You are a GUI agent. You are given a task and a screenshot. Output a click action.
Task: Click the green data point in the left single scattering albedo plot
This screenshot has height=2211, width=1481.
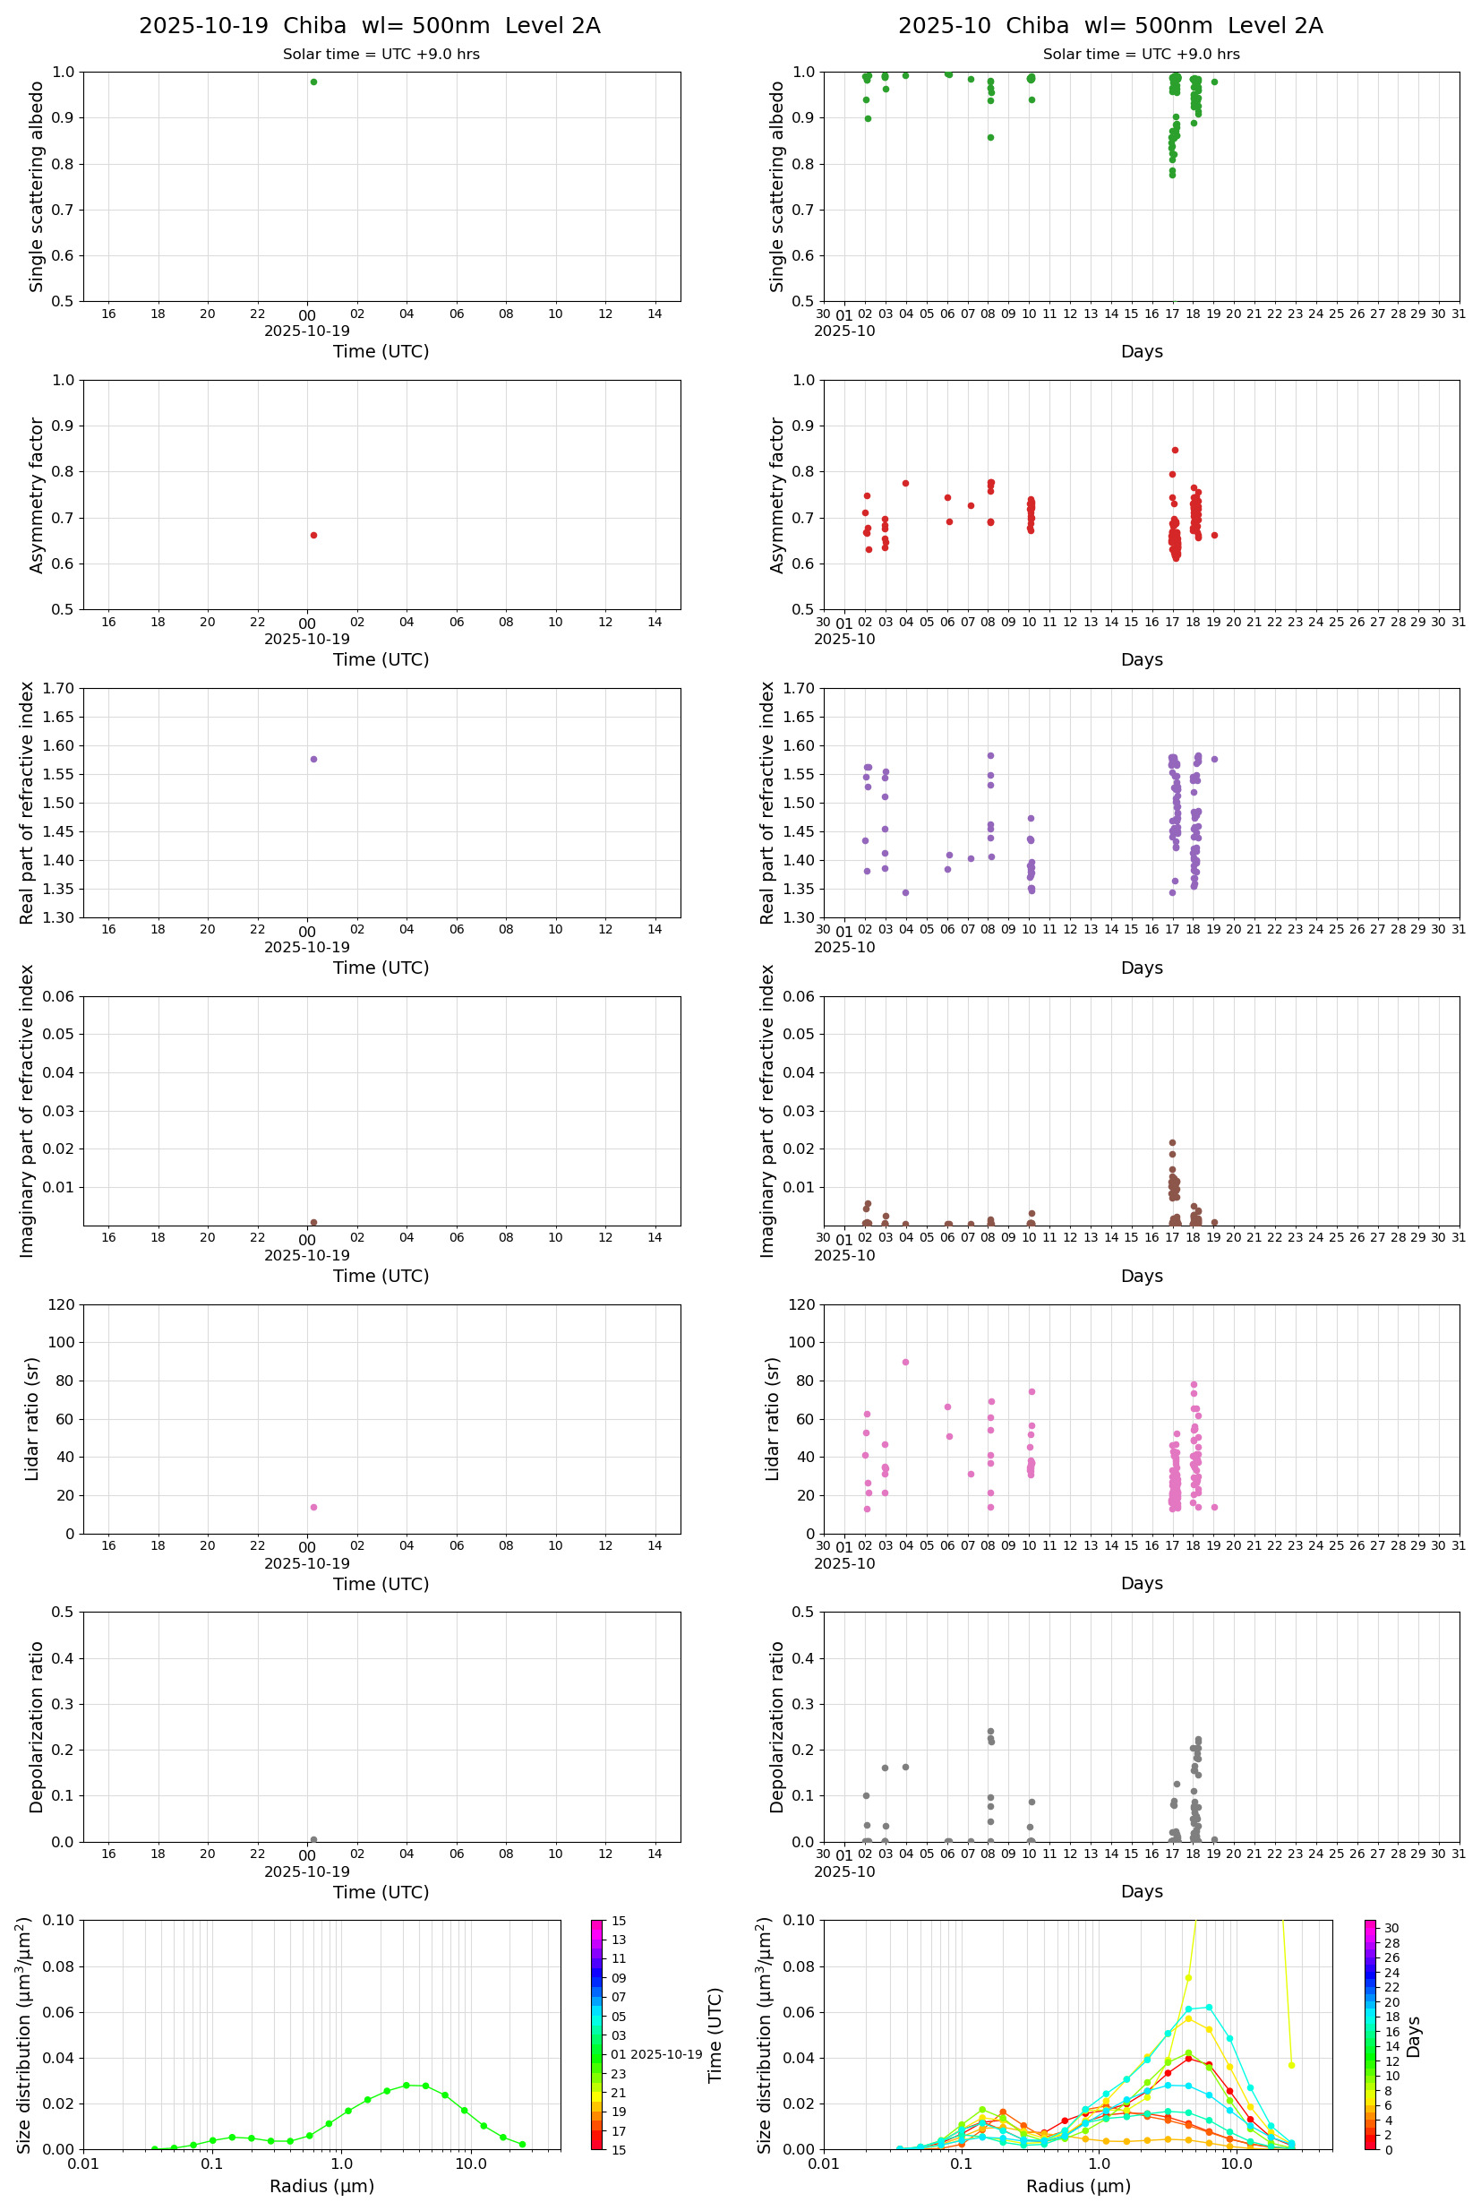tap(313, 82)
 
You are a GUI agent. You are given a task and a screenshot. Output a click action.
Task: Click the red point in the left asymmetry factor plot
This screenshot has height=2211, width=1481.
tap(313, 535)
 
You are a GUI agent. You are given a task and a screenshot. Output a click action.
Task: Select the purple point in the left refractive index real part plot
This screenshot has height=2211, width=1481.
tap(313, 759)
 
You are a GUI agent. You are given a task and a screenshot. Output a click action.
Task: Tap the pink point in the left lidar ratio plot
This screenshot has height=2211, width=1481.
tap(313, 1507)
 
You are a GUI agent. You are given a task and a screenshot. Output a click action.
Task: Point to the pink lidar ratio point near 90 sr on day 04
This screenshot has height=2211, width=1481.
tap(906, 1362)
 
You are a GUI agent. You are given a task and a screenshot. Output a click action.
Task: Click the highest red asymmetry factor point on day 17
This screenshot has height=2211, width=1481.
tap(1175, 451)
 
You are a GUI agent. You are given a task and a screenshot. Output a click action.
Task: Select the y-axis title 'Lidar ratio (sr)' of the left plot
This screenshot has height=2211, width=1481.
tap(32, 1418)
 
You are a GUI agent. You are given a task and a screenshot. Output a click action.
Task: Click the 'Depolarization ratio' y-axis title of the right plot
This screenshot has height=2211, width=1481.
tap(776, 1726)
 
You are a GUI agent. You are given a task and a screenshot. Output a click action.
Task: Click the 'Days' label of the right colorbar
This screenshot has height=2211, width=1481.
tap(1414, 2036)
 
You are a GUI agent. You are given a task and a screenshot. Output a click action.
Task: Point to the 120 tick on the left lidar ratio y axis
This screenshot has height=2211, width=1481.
tap(62, 1305)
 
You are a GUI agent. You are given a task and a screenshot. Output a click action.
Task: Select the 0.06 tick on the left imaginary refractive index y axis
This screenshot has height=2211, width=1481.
tap(62, 996)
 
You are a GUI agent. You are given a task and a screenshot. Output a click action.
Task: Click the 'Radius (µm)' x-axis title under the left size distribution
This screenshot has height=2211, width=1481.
tap(322, 2186)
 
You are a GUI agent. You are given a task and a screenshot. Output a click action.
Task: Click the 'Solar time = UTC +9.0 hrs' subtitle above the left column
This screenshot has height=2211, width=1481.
tap(381, 55)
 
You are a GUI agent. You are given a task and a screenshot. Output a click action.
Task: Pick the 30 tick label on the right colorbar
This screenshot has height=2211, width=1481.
tap(1391, 1928)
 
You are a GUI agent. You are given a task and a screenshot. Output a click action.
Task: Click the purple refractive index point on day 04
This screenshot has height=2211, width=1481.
tap(906, 892)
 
